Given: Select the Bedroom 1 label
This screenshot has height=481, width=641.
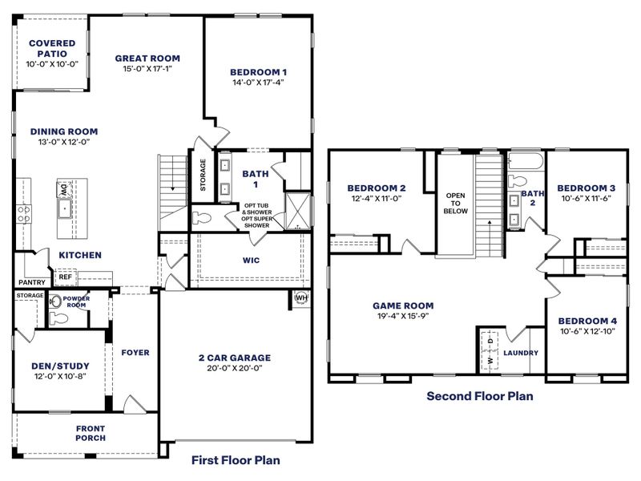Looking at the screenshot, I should [x=258, y=72].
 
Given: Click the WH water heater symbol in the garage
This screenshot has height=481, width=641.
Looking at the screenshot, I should [x=301, y=297].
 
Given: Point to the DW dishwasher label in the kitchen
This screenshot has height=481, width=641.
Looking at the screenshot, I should [x=62, y=190].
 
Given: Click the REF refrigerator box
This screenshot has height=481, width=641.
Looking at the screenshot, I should [x=65, y=277].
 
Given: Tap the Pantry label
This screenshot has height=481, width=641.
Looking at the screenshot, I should [x=31, y=283].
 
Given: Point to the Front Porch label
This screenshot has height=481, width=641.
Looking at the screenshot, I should [x=91, y=434].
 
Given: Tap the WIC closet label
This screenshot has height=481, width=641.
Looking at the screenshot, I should [x=251, y=261].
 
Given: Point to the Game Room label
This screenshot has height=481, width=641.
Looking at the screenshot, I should [x=403, y=305].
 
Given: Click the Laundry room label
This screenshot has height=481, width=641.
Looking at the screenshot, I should [x=521, y=353].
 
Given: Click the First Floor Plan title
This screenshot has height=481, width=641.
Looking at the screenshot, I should [x=236, y=460].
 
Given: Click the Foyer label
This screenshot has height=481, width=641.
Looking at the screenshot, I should [x=135, y=352].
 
